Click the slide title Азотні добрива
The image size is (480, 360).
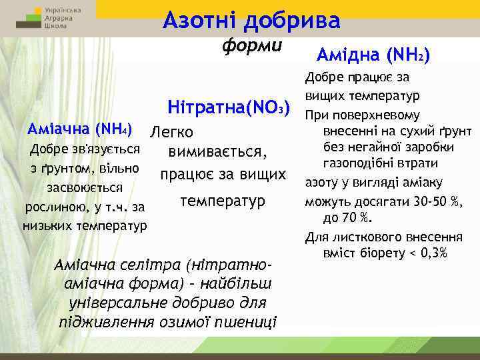(x=251, y=20)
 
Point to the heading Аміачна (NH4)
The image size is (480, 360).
(x=78, y=127)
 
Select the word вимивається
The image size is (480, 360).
(x=217, y=153)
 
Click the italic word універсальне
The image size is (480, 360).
(x=109, y=303)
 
